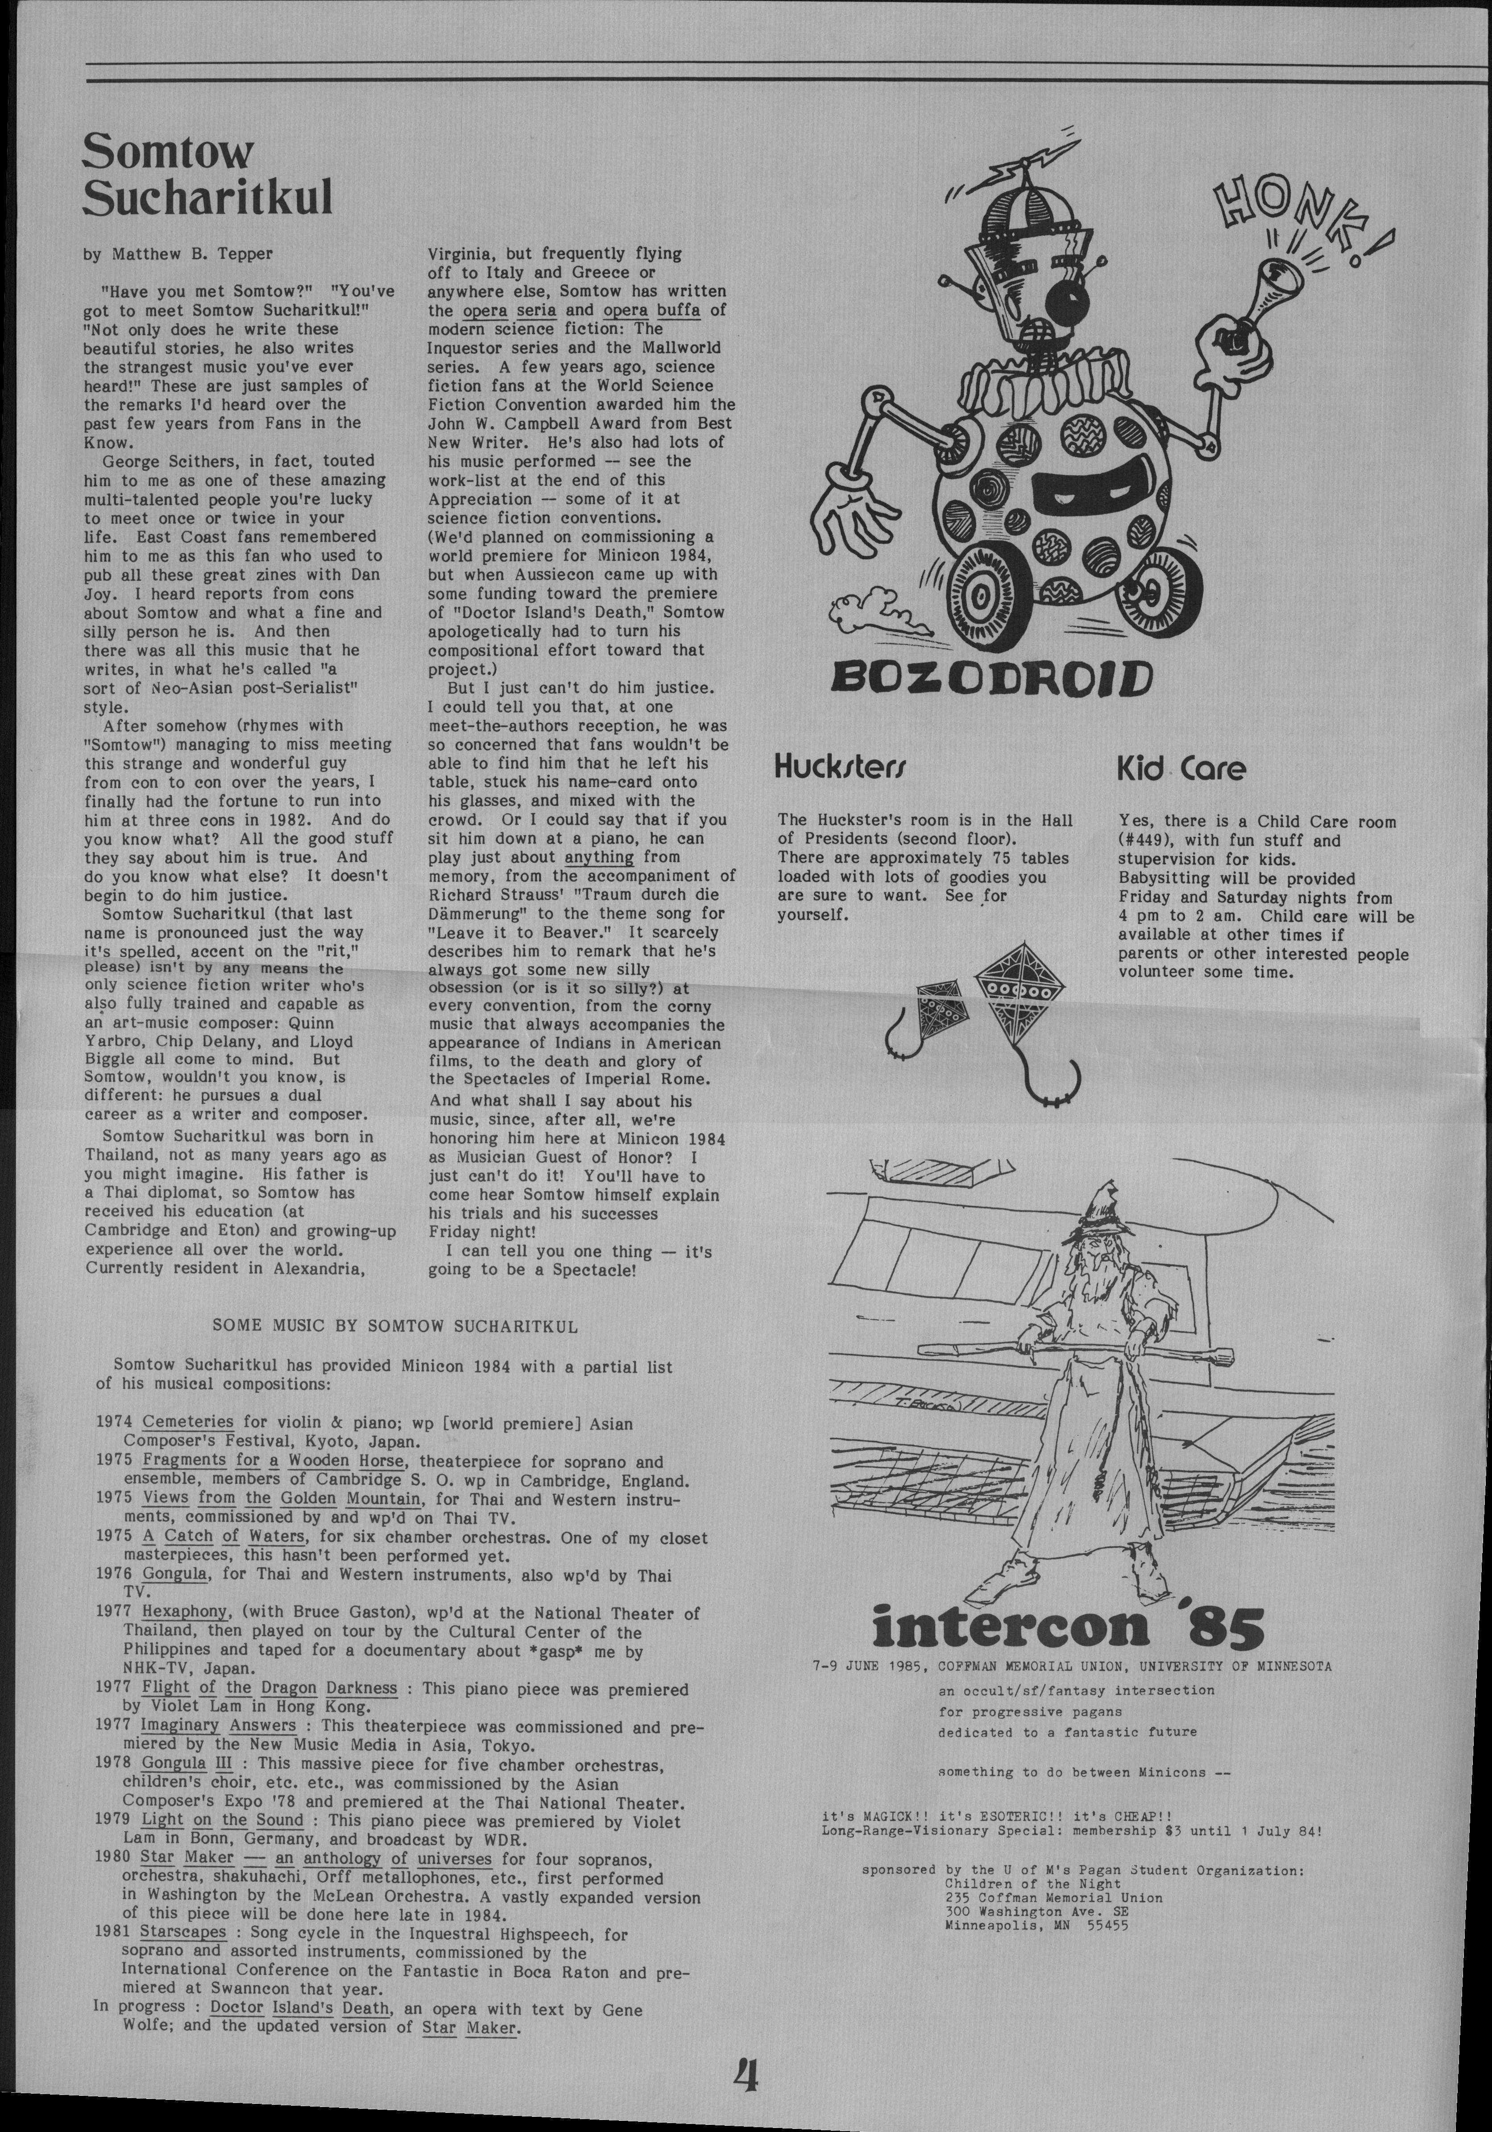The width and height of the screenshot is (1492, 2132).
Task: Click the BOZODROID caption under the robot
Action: tap(991, 678)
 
